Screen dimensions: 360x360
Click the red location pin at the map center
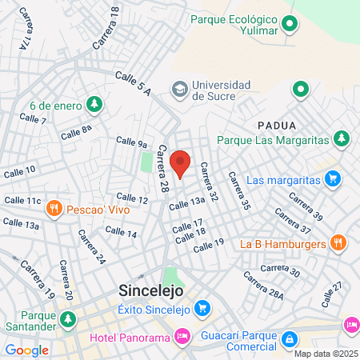click(181, 162)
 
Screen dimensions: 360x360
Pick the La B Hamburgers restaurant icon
click(338, 242)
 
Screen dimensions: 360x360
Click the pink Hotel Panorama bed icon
click(182, 337)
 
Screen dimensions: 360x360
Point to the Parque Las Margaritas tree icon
click(342, 139)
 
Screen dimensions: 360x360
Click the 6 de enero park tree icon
click(94, 104)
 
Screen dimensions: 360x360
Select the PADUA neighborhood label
click(277, 126)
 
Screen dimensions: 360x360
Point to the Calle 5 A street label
click(132, 82)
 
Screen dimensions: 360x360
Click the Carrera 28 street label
click(164, 169)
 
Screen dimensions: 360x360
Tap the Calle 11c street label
click(22, 200)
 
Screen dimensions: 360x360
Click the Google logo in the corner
click(26, 350)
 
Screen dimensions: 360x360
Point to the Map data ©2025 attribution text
click(324, 354)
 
